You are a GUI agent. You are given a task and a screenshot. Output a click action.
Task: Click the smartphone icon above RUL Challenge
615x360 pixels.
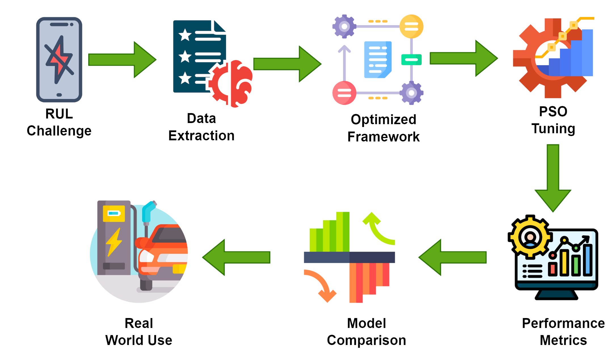point(59,60)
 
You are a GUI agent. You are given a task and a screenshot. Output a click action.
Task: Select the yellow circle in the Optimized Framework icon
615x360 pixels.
point(411,26)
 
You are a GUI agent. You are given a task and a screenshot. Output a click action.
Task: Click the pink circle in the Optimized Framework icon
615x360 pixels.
point(344,93)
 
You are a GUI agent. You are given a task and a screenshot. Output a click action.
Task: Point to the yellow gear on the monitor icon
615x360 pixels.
point(530,237)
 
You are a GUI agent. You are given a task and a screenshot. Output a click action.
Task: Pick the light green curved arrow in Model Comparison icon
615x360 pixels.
point(377,228)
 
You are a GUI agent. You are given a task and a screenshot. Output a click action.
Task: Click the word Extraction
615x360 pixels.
point(201,136)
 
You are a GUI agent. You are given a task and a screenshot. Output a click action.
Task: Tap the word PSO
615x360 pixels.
point(553,111)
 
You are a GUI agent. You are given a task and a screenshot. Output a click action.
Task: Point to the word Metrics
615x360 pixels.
point(563,340)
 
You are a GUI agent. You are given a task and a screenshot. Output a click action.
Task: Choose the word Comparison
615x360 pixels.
point(367,340)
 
